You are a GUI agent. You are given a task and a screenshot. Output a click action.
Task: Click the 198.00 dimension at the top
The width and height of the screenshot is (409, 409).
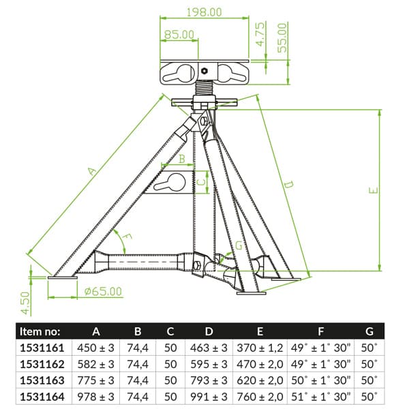point(204,12)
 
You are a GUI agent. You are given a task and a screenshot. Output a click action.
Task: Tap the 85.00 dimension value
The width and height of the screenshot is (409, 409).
point(179,35)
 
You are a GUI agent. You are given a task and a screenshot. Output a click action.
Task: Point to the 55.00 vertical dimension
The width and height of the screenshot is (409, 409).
point(282,38)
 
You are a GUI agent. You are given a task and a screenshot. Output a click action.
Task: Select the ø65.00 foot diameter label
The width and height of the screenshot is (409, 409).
point(104,291)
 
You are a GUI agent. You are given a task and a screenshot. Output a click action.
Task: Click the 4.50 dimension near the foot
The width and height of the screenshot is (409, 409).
point(25,303)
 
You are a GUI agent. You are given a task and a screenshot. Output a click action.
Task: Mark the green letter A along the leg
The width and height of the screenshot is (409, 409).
point(91,171)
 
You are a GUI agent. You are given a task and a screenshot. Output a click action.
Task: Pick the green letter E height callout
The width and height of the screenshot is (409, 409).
point(374,190)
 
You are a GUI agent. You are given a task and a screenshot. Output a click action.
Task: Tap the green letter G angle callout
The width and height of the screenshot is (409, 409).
point(239,245)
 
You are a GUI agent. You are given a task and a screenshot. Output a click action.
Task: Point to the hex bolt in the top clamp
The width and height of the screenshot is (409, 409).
point(204,71)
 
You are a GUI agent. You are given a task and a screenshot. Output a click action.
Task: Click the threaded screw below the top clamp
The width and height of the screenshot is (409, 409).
point(204,89)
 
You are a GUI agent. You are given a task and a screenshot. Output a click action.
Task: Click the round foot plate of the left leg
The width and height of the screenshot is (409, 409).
point(63,277)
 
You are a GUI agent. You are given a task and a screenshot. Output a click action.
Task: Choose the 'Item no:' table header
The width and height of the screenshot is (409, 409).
point(40,331)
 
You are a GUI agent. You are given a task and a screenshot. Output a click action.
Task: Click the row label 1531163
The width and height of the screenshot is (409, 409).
point(42,380)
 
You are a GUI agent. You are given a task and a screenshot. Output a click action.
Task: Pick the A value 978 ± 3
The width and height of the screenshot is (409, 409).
point(95,397)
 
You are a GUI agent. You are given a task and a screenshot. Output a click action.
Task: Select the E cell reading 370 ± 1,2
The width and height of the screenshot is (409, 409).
point(260,348)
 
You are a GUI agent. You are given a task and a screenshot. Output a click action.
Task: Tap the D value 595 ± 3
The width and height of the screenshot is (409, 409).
point(209,364)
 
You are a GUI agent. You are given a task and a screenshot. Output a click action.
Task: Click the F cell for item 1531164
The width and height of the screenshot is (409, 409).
point(321,397)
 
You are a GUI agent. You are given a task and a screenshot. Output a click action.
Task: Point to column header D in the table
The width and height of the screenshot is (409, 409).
point(209,331)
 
